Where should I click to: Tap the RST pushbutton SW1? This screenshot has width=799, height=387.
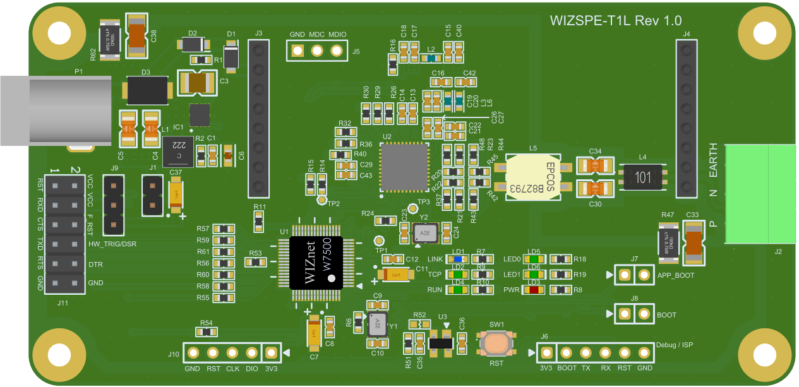497,343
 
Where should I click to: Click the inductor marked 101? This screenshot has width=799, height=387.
643,177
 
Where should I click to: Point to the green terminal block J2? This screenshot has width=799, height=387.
760,193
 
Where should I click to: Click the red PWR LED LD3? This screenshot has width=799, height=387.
534,290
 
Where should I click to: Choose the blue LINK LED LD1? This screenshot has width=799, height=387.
458,259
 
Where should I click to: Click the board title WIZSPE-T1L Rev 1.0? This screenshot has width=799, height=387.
616,21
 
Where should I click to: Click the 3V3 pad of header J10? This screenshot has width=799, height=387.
271,353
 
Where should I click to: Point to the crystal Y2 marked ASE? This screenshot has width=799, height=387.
423,233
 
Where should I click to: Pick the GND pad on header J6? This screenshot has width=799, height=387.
644,353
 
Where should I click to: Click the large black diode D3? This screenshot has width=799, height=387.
148,90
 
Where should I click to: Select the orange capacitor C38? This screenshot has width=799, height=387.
138,34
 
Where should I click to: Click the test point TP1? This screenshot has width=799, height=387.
380,241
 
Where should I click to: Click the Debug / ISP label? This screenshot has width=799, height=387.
675,345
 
